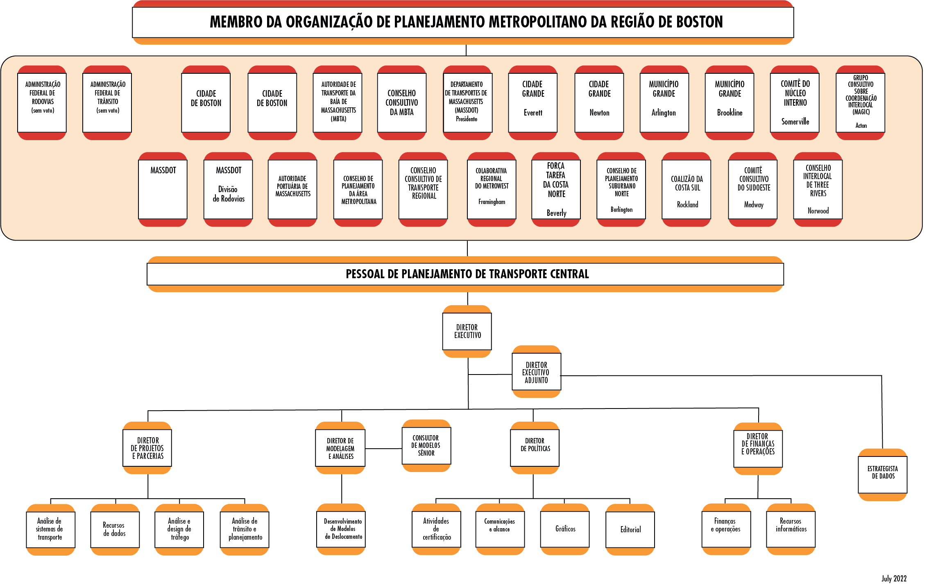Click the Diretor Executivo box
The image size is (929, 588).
[467, 331]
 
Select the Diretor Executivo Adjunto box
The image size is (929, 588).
[536, 372]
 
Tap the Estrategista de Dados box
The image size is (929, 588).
[882, 473]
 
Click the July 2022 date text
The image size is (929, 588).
[894, 579]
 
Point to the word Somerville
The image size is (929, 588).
[795, 122]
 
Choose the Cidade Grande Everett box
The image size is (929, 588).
[532, 102]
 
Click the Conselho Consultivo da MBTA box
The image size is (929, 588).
[401, 102]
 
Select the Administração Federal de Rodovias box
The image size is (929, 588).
[42, 102]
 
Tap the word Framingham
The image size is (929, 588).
[492, 202]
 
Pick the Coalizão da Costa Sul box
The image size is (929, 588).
[687, 189]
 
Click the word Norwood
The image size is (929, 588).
[818, 211]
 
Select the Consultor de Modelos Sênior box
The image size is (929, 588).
[426, 445]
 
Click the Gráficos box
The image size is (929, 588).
[565, 529]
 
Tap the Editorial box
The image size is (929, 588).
[630, 529]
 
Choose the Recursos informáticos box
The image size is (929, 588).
[791, 529]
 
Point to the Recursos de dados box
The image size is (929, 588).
[115, 529]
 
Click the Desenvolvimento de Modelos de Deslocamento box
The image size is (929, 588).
[341, 529]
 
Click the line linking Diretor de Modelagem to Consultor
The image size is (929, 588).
[383, 449]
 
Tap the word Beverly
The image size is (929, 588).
[556, 213]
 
